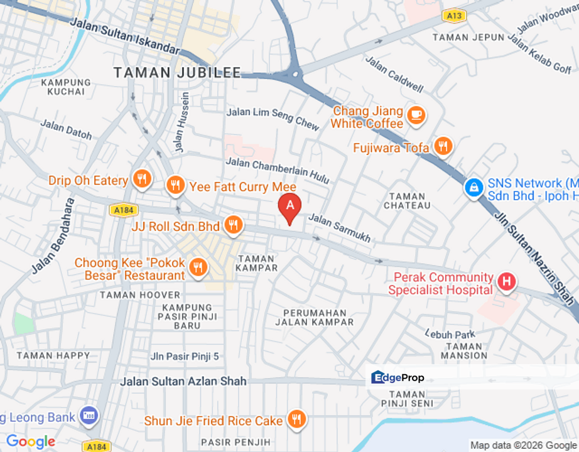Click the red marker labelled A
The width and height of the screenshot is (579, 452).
tap(289, 205)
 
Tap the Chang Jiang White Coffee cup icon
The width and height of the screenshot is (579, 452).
tap(416, 115)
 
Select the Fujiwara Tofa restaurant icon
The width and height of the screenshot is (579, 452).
tap(443, 147)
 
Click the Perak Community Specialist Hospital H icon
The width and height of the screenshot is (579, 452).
tap(506, 282)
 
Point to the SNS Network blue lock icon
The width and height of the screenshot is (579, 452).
tap(473, 186)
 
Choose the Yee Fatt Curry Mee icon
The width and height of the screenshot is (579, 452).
tap(175, 185)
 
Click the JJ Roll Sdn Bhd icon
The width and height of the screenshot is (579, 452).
tap(234, 225)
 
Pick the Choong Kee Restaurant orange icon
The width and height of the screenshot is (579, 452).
tap(198, 267)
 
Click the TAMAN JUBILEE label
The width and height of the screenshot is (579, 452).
tap(177, 73)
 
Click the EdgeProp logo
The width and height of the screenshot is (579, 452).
tap(398, 377)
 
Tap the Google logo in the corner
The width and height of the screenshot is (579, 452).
tap(30, 442)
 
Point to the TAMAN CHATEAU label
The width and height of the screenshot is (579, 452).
tap(407, 201)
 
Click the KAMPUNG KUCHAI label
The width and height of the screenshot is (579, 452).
tap(65, 87)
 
